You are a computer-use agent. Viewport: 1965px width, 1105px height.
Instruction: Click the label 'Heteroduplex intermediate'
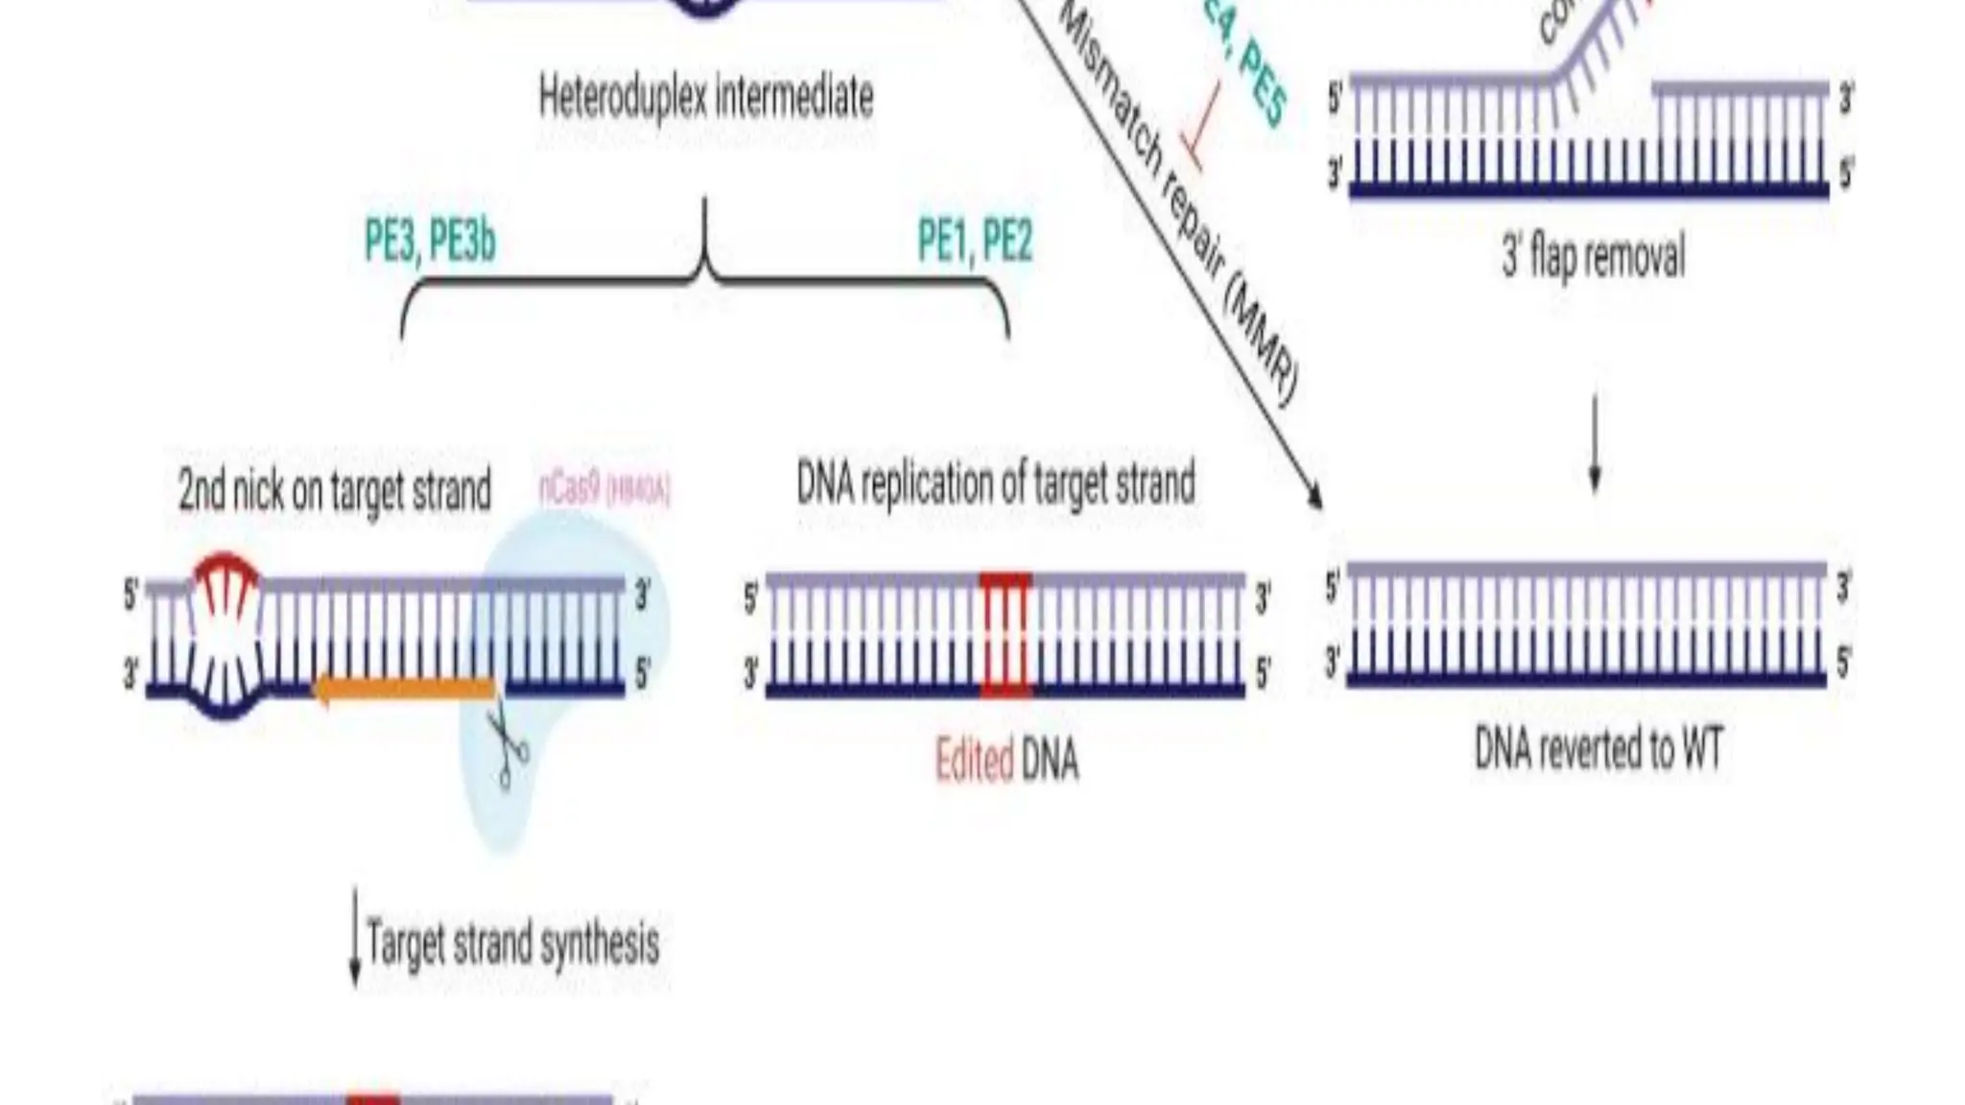coord(706,98)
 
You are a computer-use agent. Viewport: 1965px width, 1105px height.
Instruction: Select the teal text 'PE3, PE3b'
coord(430,241)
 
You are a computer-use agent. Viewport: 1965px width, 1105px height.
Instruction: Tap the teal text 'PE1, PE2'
coord(975,241)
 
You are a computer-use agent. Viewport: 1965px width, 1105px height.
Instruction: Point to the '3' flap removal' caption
coord(1593,257)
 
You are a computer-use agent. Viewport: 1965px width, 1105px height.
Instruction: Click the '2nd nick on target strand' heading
coord(334,490)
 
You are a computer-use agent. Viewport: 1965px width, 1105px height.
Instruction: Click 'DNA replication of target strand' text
coord(996,483)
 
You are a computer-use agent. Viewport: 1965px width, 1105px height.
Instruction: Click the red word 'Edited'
coord(974,761)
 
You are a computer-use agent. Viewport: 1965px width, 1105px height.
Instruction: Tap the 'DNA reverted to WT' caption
coord(1598,749)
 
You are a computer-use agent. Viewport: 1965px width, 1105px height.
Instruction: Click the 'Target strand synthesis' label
coord(512,944)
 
